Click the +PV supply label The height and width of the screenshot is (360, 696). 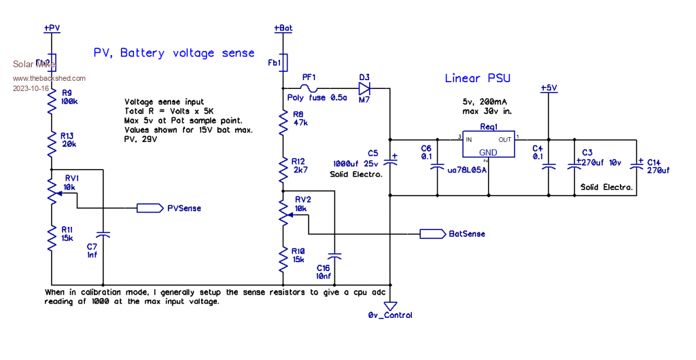pyautogui.click(x=52, y=29)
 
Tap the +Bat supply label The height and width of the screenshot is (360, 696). pyautogui.click(x=283, y=29)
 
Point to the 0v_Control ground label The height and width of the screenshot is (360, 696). pyautogui.click(x=390, y=314)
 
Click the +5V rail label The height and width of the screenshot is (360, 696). pyautogui.click(x=548, y=88)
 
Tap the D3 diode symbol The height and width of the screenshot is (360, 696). pyautogui.click(x=364, y=88)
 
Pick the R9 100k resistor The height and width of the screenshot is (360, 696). pyautogui.click(x=52, y=102)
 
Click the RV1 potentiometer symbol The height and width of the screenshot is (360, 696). pyautogui.click(x=52, y=193)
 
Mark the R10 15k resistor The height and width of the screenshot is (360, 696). pyautogui.click(x=283, y=258)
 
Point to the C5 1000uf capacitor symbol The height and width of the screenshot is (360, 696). pyautogui.click(x=390, y=162)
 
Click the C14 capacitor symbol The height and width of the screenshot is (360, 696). pyautogui.click(x=637, y=166)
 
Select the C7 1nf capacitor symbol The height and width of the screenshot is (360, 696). pyautogui.click(x=103, y=235)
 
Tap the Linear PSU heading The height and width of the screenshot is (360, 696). pyautogui.click(x=477, y=79)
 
